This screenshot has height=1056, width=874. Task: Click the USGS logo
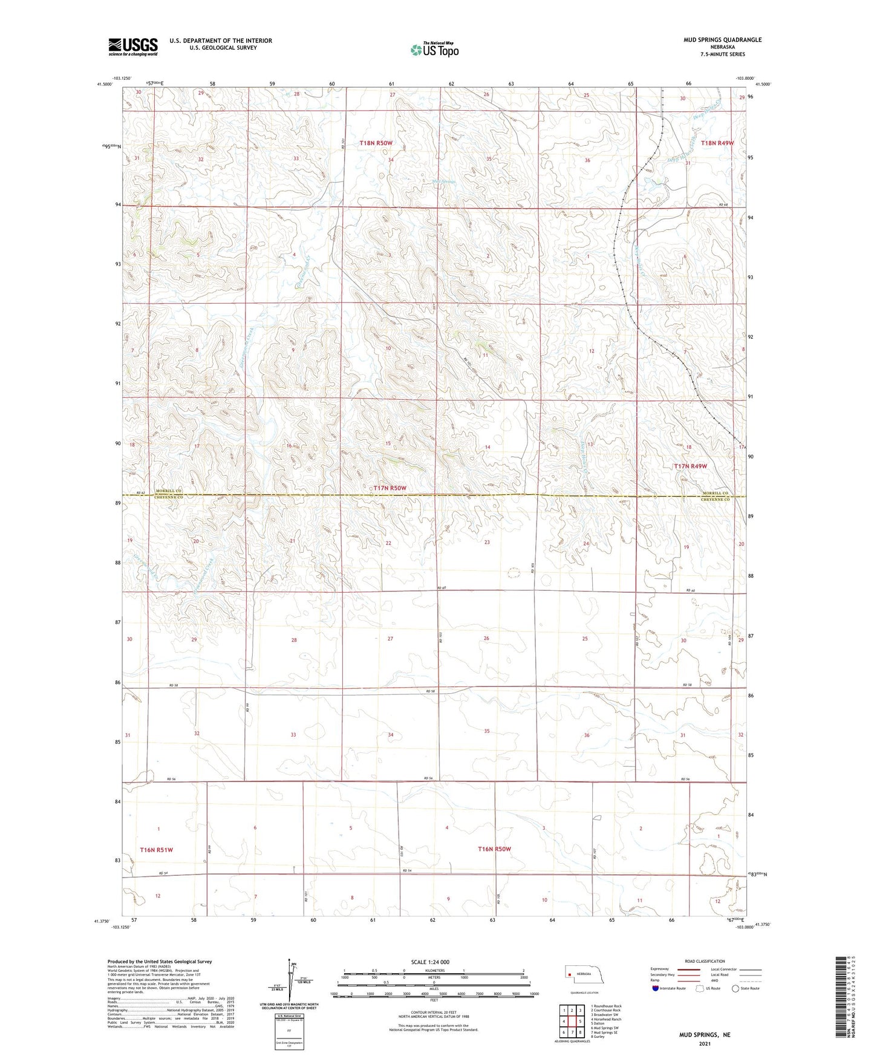(132, 47)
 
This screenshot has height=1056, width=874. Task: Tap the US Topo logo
(434, 50)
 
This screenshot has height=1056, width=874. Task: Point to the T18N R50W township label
(376, 143)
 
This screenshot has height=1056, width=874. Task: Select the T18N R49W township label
(717, 143)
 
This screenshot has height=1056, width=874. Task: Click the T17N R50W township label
(390, 487)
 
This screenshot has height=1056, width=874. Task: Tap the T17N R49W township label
(690, 466)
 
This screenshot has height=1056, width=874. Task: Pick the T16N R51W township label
(156, 850)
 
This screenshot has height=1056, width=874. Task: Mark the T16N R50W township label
(494, 849)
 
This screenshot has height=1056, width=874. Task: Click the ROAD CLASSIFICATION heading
(704, 961)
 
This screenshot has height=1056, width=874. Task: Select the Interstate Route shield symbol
(656, 988)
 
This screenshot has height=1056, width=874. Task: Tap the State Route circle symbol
(735, 988)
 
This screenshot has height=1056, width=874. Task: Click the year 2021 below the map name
(704, 1043)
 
